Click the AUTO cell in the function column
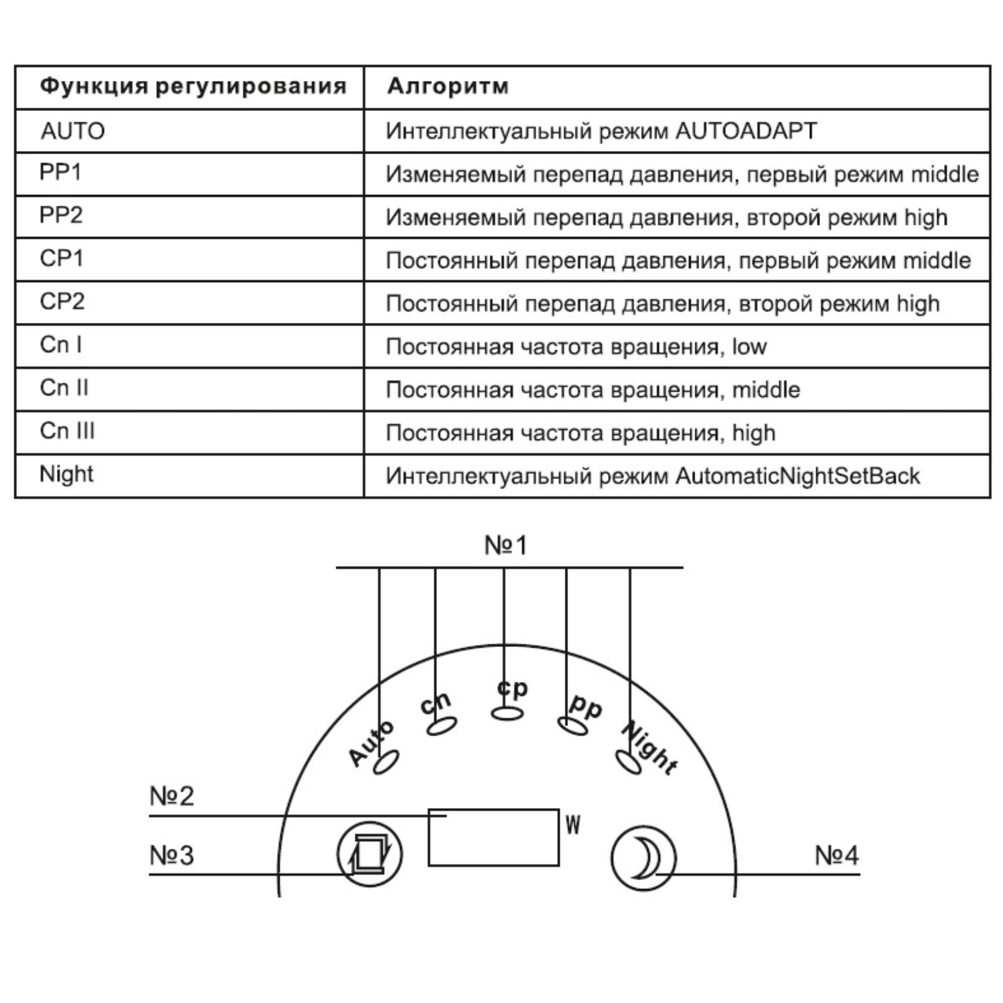73,131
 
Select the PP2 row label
61,215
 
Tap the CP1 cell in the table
61,258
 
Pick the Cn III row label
67,431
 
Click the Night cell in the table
66,474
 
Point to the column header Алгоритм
448,86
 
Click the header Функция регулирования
193,86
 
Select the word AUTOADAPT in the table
746,131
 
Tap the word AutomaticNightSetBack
797,476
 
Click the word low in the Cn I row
749,347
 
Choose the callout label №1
506,545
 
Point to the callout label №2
172,796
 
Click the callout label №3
172,855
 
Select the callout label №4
836,855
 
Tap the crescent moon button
643,858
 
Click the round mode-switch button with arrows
370,854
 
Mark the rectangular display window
493,838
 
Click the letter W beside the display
573,825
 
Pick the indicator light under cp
507,713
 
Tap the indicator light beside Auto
386,762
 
